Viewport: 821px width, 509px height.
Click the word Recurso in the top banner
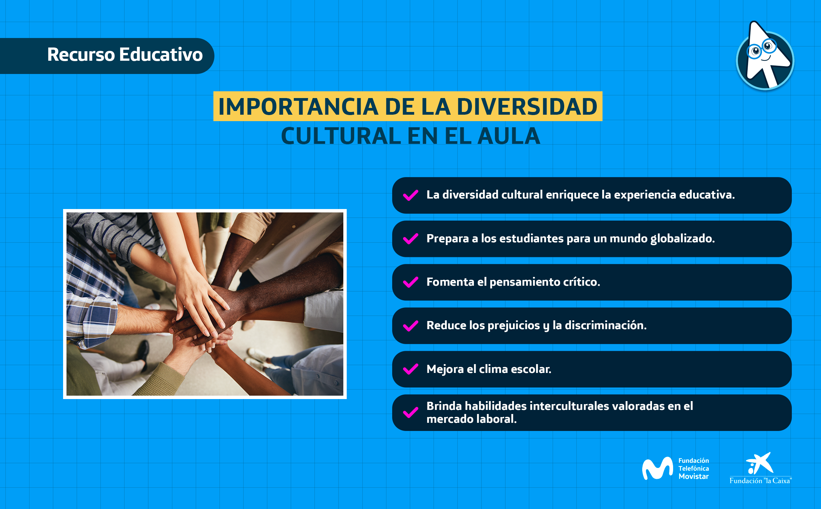coord(81,55)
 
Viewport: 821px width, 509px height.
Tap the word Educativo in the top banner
coord(161,55)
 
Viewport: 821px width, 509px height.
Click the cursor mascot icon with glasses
coord(765,56)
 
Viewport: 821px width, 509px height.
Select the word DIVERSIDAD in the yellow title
coord(527,107)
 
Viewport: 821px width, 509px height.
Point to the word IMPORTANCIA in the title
coord(298,107)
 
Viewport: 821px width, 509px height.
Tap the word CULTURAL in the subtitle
coord(341,136)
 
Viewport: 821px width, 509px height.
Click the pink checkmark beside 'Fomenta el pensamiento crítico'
coord(411,282)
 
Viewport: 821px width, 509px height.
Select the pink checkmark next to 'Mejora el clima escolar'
coord(411,369)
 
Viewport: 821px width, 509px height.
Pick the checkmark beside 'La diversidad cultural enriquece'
coord(411,195)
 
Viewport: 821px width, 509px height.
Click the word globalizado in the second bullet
coord(682,239)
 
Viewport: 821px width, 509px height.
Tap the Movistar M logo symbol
coord(657,468)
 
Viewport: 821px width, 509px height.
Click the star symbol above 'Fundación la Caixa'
coord(760,463)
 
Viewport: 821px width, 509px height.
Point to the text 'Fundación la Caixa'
coord(761,480)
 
